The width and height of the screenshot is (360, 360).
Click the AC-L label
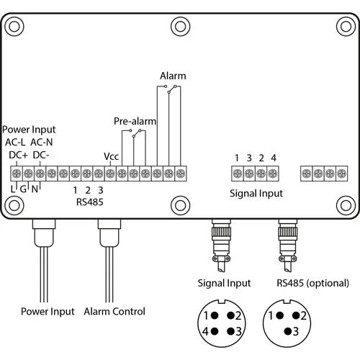coord(16,142)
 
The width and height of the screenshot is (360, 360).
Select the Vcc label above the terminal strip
coord(111,156)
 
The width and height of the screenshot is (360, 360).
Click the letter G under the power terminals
coord(24,189)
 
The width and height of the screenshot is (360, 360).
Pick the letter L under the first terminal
coord(13,189)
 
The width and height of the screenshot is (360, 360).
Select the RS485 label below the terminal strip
coord(89,202)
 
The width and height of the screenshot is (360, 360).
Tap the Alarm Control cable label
coord(114,311)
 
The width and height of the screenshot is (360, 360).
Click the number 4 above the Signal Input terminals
coord(273,158)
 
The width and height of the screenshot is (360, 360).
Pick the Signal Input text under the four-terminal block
coord(256,193)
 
